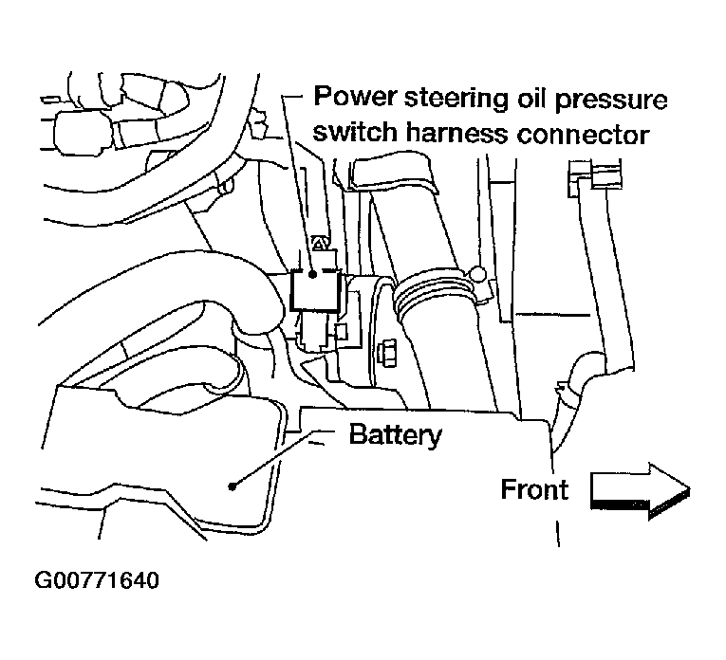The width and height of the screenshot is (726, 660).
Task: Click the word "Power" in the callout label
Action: point(355,97)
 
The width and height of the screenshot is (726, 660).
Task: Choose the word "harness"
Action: point(456,132)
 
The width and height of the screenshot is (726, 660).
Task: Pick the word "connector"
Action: point(583,134)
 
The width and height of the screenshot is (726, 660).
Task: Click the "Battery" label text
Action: point(396,435)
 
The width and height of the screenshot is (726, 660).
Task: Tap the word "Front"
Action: point(534,489)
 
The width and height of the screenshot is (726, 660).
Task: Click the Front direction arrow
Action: point(641,491)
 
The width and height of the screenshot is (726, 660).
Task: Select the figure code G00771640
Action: point(97,580)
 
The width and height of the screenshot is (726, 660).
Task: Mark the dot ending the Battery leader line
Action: point(233,486)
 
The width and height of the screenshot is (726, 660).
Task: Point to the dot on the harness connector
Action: point(313,274)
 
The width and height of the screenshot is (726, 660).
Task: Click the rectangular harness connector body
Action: point(315,290)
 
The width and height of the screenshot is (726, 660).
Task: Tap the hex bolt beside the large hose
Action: point(387,354)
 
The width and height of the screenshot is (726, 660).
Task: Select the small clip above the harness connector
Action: point(320,242)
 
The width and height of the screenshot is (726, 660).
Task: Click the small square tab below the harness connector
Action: point(342,332)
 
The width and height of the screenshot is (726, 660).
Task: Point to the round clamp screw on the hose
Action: point(477,275)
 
